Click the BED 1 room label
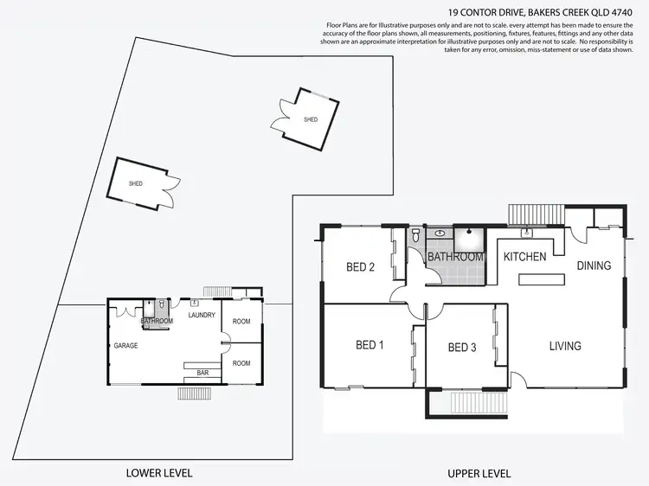[369, 346]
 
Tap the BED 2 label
[360, 267]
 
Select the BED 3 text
[462, 348]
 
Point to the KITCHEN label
[524, 257]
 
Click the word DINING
[594, 266]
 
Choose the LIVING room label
[564, 347]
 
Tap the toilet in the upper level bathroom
[416, 234]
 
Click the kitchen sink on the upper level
[525, 233]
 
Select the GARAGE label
[125, 346]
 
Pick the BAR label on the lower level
[203, 373]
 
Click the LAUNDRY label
[202, 315]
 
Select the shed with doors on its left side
[308, 118]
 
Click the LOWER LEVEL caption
[158, 473]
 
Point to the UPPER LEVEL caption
[479, 474]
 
